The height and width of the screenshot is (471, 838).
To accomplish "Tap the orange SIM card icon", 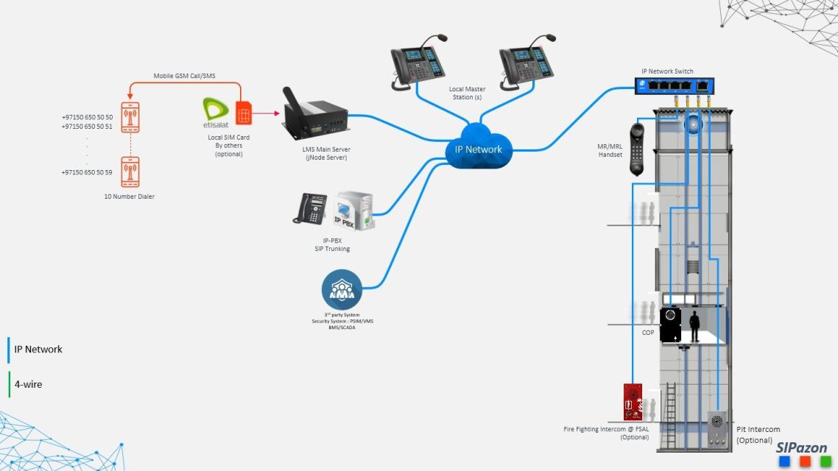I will [x=244, y=114].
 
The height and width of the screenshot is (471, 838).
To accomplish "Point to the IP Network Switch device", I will [x=675, y=86].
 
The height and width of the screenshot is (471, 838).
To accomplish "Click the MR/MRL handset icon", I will [x=638, y=148].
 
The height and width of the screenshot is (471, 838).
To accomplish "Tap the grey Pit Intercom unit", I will [x=716, y=428].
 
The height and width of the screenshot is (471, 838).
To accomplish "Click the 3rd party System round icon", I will [x=342, y=289].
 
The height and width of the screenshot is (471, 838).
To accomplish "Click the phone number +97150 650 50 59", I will [x=88, y=172].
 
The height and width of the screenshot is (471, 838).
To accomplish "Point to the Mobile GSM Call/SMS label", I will [x=184, y=76].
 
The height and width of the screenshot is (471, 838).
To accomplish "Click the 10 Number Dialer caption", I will [x=130, y=196].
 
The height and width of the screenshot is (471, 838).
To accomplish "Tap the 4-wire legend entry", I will [x=28, y=384].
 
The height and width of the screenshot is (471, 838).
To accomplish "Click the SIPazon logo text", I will [x=801, y=447].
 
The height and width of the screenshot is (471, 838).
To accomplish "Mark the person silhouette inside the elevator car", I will [x=694, y=326].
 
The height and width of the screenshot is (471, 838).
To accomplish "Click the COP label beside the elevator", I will [x=647, y=333].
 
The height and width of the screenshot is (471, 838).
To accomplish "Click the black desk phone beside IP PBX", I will [x=310, y=209].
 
